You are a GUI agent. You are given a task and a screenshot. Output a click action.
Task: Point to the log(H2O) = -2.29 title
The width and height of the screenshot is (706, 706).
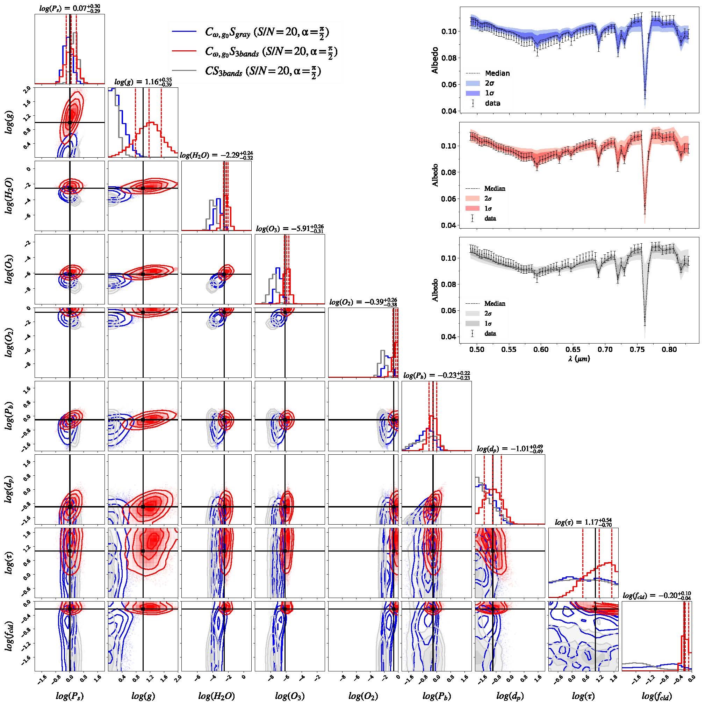(216, 155)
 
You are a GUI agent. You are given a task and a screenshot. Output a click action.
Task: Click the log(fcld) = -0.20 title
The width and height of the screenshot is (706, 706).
(657, 595)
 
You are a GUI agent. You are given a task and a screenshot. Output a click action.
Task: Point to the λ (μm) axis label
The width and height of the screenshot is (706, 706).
(578, 359)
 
